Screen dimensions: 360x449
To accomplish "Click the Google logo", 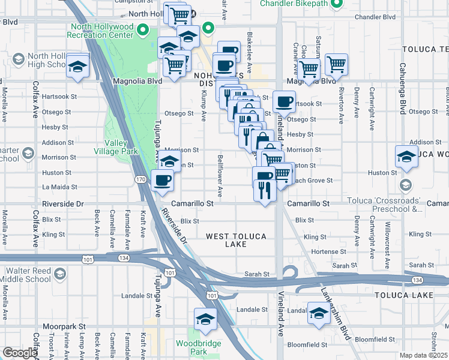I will click(x=19, y=353).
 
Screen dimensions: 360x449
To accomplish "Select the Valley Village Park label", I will click(x=121, y=148).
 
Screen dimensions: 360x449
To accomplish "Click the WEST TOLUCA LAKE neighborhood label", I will click(x=236, y=240).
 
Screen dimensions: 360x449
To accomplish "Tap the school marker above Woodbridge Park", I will click(x=205, y=319).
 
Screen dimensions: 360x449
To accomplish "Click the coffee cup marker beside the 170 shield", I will click(x=161, y=181).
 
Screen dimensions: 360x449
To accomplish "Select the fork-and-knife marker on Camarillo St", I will click(x=264, y=191).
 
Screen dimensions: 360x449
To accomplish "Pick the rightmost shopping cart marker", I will click(x=336, y=65).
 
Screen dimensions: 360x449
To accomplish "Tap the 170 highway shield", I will click(x=140, y=179).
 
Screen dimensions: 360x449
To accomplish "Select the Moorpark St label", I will click(x=63, y=326).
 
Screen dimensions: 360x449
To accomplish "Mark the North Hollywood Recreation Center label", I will click(x=101, y=31).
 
